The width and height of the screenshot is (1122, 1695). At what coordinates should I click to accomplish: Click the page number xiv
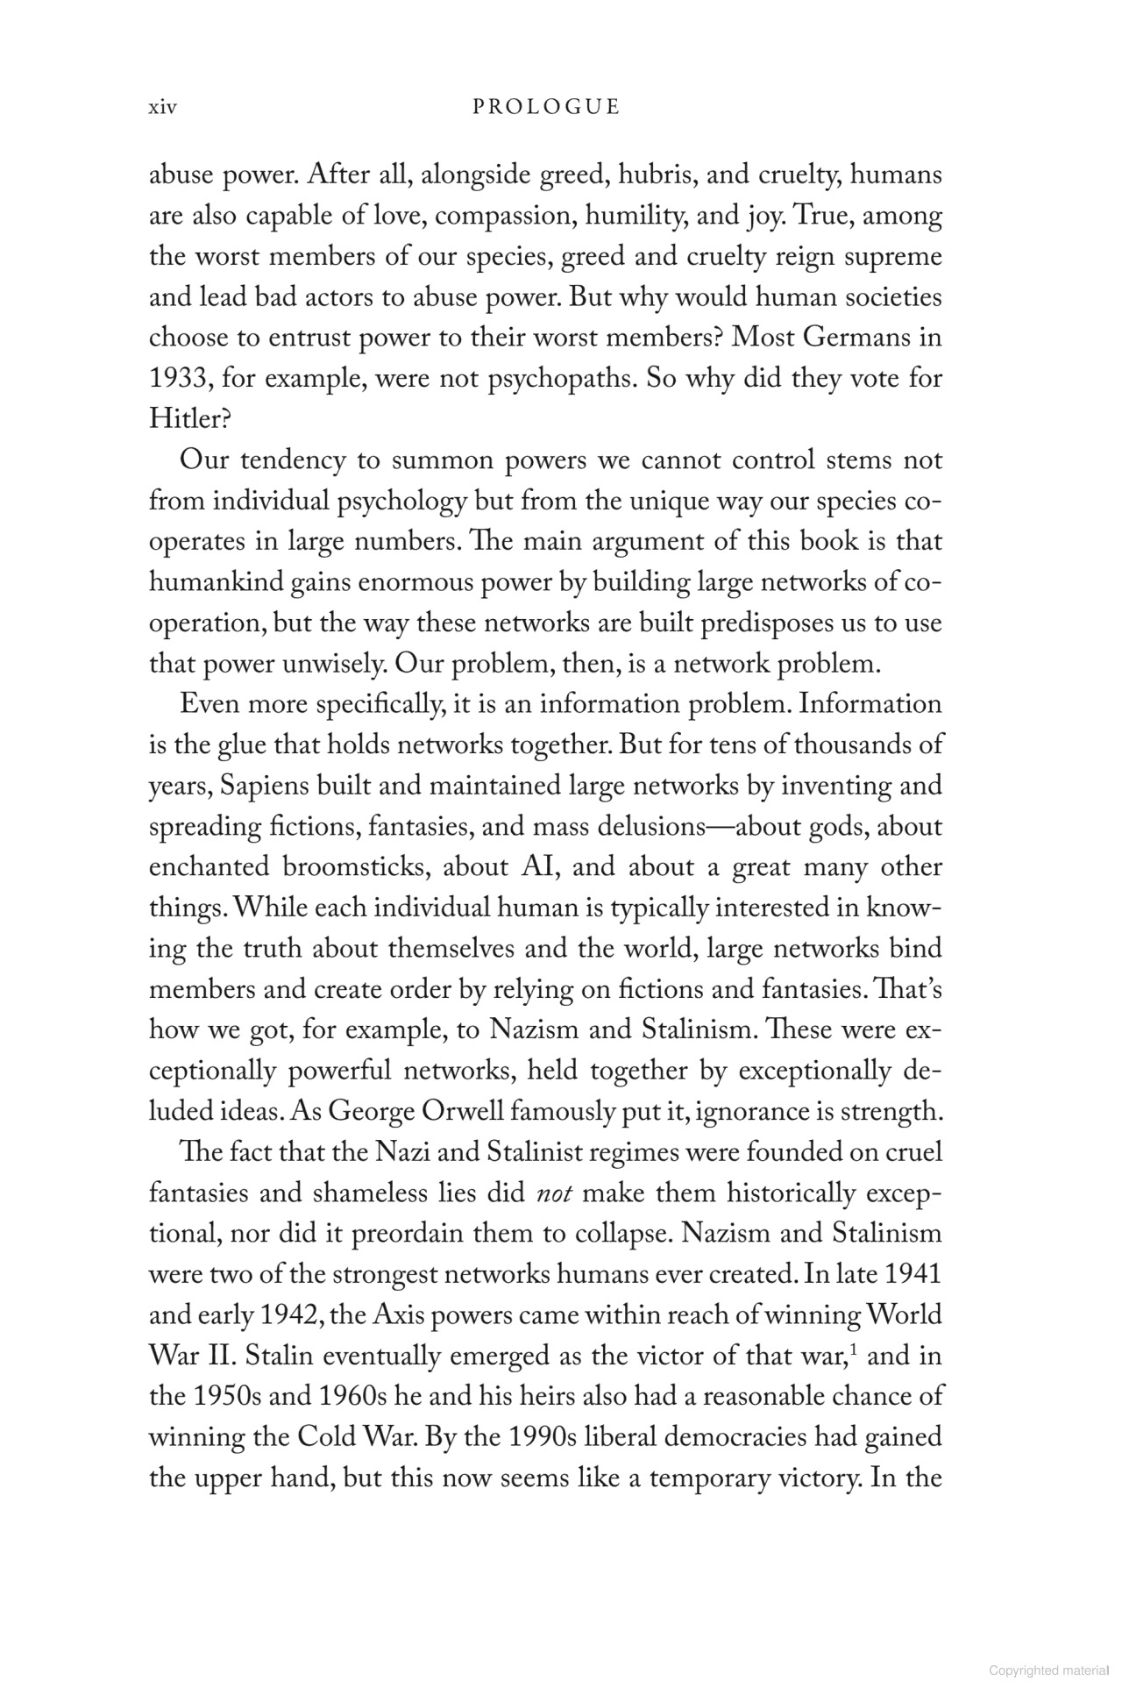[163, 108]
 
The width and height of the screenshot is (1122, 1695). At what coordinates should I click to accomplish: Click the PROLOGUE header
[546, 108]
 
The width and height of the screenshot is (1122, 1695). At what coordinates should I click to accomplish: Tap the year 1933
[180, 379]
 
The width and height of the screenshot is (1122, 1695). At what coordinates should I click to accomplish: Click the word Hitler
[188, 419]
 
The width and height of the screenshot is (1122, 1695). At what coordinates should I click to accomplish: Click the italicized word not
[552, 1194]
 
